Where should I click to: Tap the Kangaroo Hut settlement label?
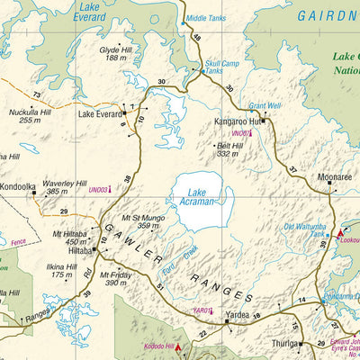(237, 121)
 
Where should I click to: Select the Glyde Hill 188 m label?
(116, 53)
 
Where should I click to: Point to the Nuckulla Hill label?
(29, 114)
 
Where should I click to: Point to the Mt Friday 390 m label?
(118, 278)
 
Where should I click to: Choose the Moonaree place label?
(333, 177)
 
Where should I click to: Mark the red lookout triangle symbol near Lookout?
(339, 233)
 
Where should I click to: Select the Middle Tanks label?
(207, 18)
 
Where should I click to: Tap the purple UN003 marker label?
(98, 190)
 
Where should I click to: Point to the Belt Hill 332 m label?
(232, 148)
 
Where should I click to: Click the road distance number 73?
(36, 94)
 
